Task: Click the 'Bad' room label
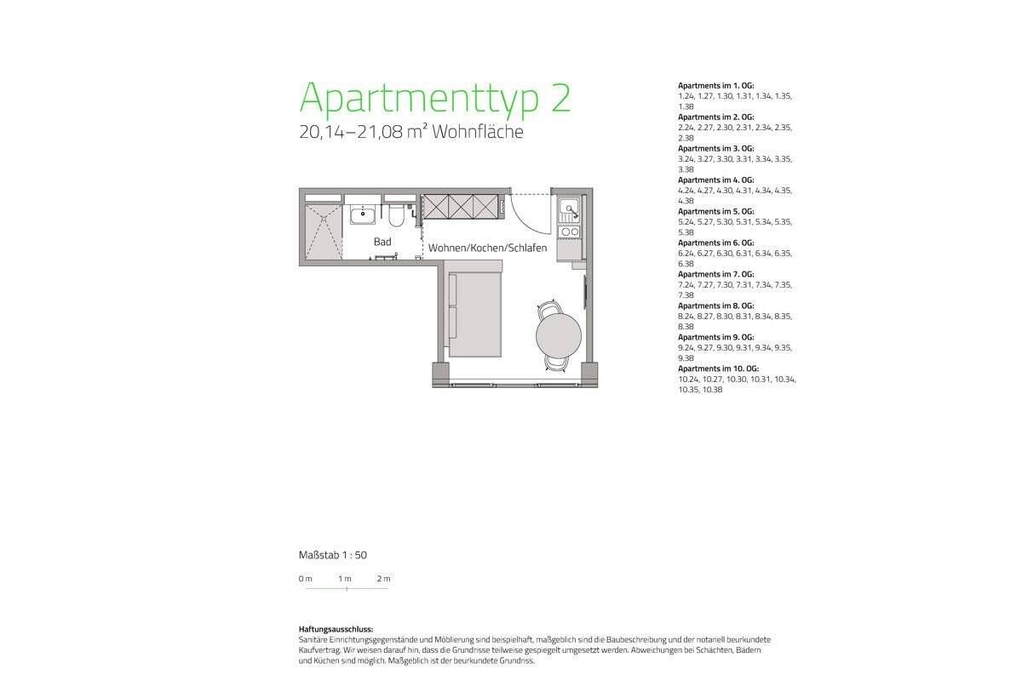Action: point(382,242)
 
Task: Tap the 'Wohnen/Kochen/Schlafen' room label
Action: point(487,248)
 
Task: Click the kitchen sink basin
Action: point(568,207)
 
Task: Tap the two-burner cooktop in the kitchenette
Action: point(568,231)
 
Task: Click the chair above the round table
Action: point(551,307)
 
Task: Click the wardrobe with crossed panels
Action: point(461,205)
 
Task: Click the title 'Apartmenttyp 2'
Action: point(434,98)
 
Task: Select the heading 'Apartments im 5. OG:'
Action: point(715,211)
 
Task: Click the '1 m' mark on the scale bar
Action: point(345,579)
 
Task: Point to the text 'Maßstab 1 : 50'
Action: point(333,555)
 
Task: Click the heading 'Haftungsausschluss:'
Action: point(336,629)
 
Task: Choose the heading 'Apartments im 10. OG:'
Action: point(717,369)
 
